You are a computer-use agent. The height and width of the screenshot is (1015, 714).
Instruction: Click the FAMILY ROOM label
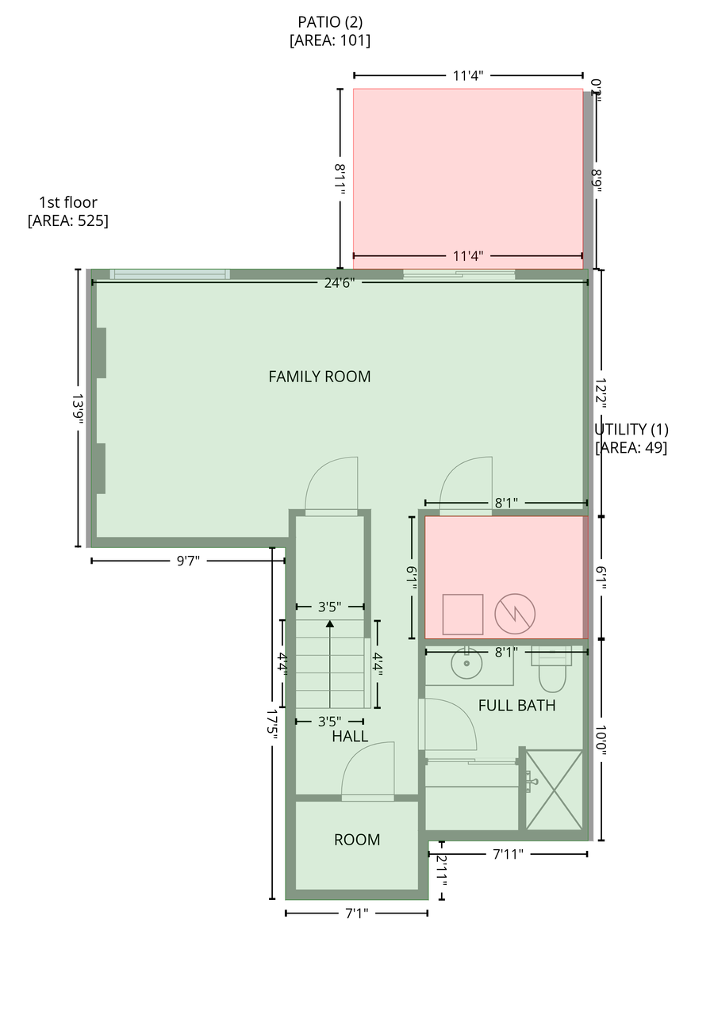[x=319, y=377]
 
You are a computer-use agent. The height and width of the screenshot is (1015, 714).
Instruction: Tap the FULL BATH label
[x=516, y=706]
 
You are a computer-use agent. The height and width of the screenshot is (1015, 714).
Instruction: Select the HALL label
[x=350, y=737]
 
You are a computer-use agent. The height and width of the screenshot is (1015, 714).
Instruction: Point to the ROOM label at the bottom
[x=357, y=840]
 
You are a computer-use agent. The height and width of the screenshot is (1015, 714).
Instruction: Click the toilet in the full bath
[x=551, y=671]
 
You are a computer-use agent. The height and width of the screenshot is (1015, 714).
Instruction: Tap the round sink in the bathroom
[x=466, y=664]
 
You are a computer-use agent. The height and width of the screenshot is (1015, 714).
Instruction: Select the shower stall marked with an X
[x=554, y=791]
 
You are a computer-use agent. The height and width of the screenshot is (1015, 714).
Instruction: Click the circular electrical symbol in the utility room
[x=515, y=614]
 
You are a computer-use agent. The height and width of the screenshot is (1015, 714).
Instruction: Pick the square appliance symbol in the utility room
[x=463, y=615]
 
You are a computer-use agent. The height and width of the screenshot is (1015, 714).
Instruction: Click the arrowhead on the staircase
[x=329, y=624]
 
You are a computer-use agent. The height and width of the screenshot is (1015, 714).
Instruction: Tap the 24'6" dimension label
[x=339, y=283]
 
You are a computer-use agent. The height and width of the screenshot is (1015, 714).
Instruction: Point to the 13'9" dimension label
[x=78, y=409]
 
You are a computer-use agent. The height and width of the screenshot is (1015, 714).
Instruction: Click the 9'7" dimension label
[x=188, y=561]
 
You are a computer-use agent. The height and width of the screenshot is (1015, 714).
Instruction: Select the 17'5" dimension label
[x=271, y=725]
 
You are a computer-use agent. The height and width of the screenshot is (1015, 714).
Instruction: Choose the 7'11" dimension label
[x=508, y=854]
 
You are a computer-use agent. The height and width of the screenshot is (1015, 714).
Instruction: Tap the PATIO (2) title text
[x=330, y=21]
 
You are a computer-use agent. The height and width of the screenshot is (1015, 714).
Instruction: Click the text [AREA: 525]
[x=68, y=220]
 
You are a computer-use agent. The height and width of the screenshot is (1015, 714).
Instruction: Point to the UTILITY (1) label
[x=631, y=429]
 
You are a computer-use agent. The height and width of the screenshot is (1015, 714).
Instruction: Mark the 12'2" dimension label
[x=601, y=393]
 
